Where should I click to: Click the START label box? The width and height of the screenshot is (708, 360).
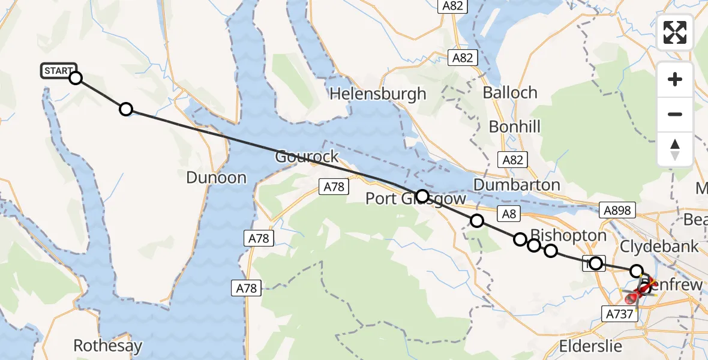point(59,71)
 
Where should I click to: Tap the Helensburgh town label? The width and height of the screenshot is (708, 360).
point(377,94)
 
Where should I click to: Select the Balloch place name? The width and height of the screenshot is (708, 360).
point(509,93)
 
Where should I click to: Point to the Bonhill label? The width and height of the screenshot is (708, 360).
point(514,127)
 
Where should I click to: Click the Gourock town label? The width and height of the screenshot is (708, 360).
point(307,157)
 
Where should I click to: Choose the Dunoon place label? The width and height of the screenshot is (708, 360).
point(216,178)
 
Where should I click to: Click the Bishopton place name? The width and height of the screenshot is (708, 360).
point(560,235)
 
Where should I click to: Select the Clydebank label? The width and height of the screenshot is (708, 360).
point(659,247)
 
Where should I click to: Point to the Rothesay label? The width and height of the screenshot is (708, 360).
point(108,346)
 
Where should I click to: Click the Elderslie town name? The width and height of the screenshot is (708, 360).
point(593,346)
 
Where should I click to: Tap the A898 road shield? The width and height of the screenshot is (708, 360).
point(617,209)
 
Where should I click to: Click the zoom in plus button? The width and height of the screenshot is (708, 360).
point(675,79)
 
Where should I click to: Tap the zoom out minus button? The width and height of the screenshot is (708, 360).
point(675,114)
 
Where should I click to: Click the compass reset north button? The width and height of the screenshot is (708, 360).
point(675,149)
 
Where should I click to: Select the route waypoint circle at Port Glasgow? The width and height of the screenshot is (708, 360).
point(422,196)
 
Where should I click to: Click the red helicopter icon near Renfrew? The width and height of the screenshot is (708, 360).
point(638,292)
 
